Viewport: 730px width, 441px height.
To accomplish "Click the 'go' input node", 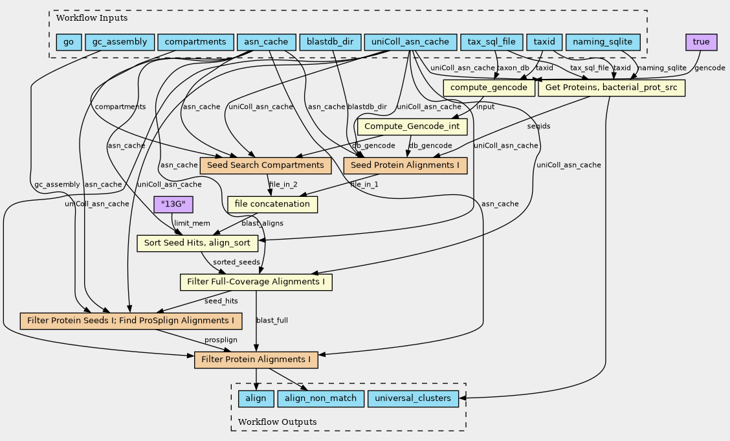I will click(69, 43).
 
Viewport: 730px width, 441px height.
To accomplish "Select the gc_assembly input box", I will click(120, 43).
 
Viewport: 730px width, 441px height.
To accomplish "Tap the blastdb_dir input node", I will click(330, 43).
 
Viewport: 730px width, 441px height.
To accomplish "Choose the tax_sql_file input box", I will click(491, 43).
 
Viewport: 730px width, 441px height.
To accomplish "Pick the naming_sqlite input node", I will click(603, 43).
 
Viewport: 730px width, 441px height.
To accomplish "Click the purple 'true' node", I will click(701, 43).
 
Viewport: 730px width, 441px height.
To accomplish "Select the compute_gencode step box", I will click(489, 87).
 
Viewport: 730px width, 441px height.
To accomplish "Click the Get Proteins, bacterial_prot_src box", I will click(611, 87).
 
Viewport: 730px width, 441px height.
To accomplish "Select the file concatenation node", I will click(272, 205).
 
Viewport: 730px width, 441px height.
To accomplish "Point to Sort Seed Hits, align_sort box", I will click(197, 243).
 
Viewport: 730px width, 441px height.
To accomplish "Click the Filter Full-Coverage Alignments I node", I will click(256, 282).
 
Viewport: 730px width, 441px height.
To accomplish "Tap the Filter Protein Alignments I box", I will click(256, 359).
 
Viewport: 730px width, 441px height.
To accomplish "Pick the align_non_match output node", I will click(320, 398).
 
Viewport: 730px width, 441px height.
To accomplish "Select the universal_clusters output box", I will click(414, 398).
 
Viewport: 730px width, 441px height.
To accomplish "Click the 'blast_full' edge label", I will click(272, 321).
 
